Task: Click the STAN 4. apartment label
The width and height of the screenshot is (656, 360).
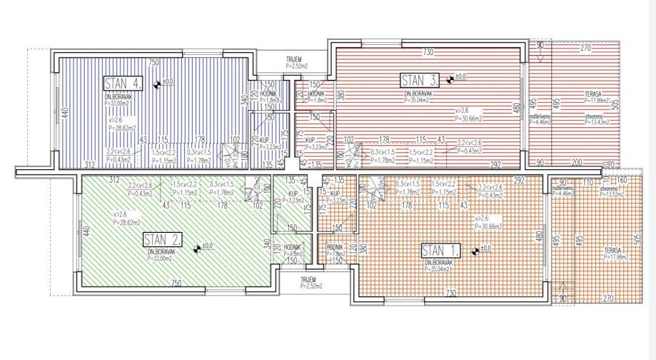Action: [x=123, y=83]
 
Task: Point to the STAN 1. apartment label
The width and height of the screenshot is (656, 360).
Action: [x=440, y=250]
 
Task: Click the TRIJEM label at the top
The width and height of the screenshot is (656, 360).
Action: [x=294, y=59]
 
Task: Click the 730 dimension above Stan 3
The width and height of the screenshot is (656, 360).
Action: [x=428, y=52]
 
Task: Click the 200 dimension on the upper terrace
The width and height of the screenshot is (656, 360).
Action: [x=575, y=163]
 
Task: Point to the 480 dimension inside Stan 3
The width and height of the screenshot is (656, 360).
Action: [x=516, y=109]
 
